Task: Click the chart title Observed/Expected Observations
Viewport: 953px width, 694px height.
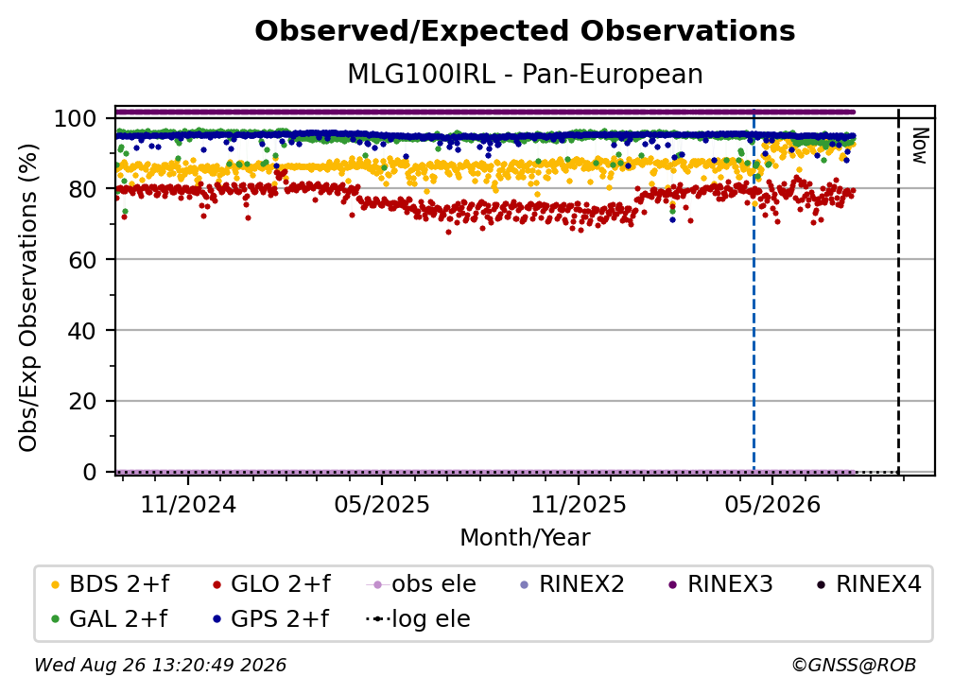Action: pos(525,31)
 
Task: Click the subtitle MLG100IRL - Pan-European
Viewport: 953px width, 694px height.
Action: pos(525,74)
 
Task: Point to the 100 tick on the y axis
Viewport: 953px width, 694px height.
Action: pos(76,118)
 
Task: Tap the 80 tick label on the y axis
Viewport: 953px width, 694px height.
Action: pos(82,189)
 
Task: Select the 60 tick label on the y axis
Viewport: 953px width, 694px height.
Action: pos(82,259)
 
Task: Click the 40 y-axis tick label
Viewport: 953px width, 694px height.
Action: pos(82,331)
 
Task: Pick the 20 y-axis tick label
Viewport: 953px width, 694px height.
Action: pos(82,401)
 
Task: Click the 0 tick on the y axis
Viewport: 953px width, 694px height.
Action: pos(89,472)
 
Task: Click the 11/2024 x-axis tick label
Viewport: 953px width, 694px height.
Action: pos(188,504)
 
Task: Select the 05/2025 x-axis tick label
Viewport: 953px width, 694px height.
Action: pos(382,504)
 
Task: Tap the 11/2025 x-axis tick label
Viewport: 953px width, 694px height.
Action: pos(579,504)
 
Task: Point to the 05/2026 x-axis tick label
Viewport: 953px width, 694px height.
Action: pos(772,504)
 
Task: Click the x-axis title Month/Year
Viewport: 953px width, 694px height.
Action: pos(525,537)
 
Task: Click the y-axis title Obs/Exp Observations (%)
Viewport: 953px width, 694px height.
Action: pos(28,298)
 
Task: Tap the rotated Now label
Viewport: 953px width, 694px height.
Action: pos(920,146)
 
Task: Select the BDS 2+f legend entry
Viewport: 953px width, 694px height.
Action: pos(110,584)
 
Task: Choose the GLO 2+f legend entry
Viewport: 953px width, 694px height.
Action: pos(271,584)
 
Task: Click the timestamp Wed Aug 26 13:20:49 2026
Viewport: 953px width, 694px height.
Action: pos(160,665)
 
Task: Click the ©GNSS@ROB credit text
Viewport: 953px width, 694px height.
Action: pos(854,665)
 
